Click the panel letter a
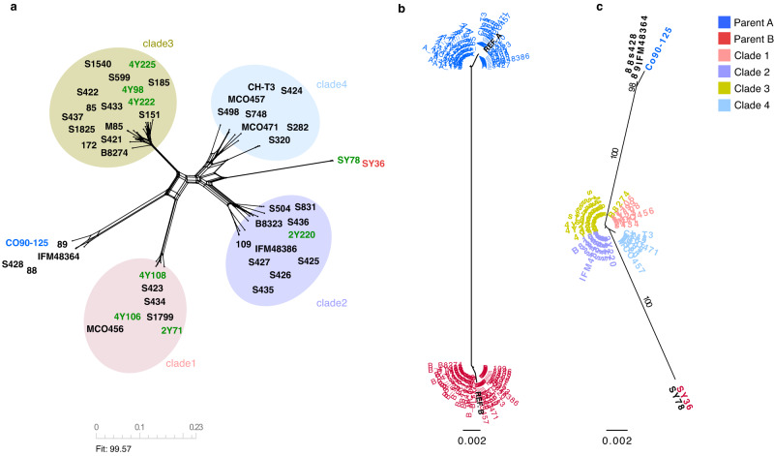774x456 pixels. point(7,9)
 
